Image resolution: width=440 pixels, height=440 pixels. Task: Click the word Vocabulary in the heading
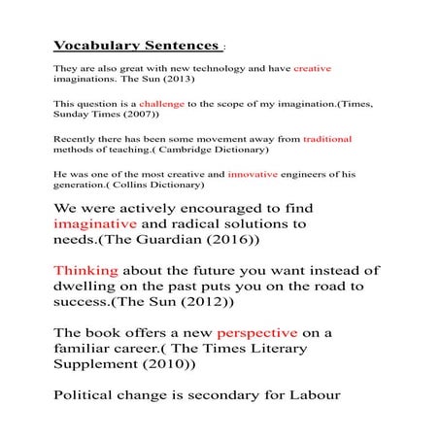click(94, 46)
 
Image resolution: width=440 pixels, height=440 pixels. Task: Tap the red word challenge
click(160, 102)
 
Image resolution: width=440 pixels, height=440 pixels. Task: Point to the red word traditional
click(327, 139)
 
